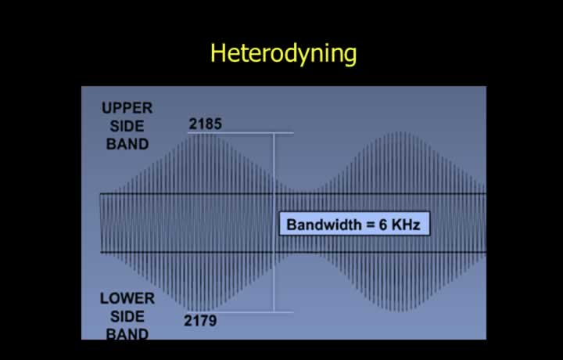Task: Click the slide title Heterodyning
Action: [283, 54]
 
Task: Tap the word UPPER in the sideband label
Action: [127, 108]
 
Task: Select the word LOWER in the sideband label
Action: [127, 298]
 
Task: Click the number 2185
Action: [206, 124]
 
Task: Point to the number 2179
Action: [200, 321]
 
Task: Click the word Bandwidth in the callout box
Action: [325, 225]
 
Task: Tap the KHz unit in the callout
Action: [406, 225]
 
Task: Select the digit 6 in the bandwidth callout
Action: [382, 225]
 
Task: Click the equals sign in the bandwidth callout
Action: [371, 225]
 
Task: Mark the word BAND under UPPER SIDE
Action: [127, 144]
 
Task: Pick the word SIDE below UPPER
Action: [127, 126]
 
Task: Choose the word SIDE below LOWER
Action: [127, 316]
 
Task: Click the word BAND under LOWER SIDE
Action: [127, 334]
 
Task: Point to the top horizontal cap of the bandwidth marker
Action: [241, 133]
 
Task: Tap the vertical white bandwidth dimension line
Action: [274, 222]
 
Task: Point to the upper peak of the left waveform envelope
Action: [206, 134]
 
